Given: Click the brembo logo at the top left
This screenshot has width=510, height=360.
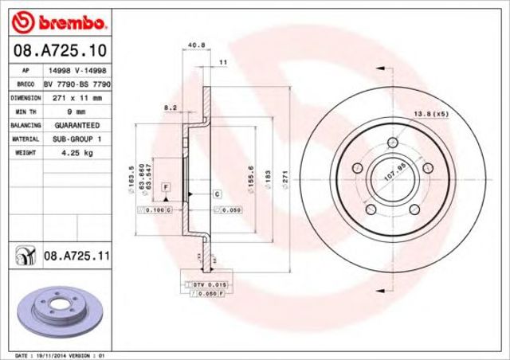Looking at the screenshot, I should [x=55, y=18].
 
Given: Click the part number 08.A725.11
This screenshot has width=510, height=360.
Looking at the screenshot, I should [x=76, y=256].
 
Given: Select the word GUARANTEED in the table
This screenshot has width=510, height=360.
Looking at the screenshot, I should [x=77, y=125].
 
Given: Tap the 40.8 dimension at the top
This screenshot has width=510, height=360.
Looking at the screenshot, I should [x=193, y=45].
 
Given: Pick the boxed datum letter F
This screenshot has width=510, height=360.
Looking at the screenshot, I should [x=167, y=186].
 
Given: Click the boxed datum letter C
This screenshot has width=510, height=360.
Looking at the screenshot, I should [x=216, y=194].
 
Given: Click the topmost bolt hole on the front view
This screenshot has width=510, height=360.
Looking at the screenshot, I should [x=393, y=143].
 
